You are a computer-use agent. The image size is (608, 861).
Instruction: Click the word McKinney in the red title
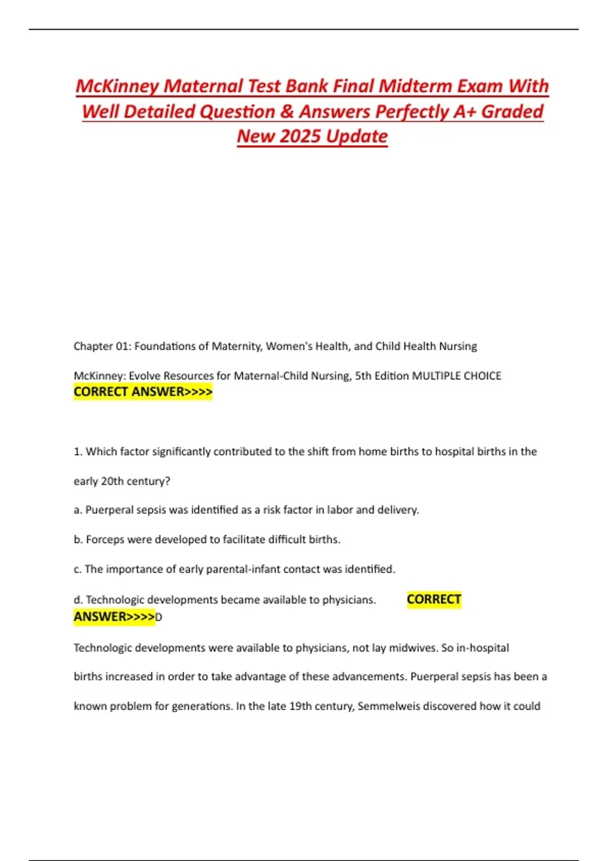117,86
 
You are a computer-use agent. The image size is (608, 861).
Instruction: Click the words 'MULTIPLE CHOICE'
457,376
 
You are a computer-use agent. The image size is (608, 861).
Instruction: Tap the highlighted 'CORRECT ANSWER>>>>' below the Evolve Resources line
143,392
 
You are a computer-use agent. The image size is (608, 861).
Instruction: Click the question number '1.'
78,452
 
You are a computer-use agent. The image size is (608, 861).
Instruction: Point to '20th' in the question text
112,481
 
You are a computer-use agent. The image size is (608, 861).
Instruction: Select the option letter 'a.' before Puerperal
78,510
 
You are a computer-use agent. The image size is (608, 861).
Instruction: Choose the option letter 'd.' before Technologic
78,600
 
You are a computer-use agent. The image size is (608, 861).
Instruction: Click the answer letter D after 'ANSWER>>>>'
159,617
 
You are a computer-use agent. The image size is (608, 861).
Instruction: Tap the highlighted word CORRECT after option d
434,600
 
